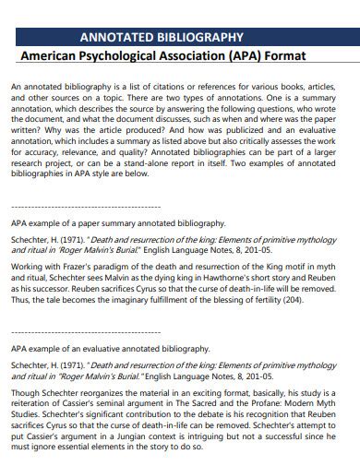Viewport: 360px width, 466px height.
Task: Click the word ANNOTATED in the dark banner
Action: (117, 38)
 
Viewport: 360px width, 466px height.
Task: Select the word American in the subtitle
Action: (52, 57)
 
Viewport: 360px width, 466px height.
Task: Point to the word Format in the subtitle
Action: (311, 57)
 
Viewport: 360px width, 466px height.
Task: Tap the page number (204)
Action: (292, 300)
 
